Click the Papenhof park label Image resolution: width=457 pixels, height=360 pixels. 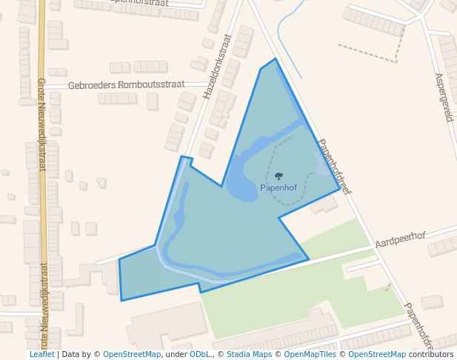click(278, 188)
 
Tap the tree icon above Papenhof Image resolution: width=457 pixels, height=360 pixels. click(278, 176)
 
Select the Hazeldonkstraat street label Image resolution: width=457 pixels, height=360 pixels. click(218, 67)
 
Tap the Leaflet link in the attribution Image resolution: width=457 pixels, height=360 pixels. click(41, 354)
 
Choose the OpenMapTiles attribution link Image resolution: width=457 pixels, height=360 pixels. click(310, 354)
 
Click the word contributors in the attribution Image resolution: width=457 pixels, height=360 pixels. click(431, 354)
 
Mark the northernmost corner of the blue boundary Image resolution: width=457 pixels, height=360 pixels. click(276, 59)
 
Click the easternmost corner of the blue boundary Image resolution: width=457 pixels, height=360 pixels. click(340, 188)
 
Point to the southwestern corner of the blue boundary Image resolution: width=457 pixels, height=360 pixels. click(121, 300)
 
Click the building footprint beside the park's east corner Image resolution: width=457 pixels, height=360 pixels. click(324, 204)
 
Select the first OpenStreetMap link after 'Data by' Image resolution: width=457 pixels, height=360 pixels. click(132, 354)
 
